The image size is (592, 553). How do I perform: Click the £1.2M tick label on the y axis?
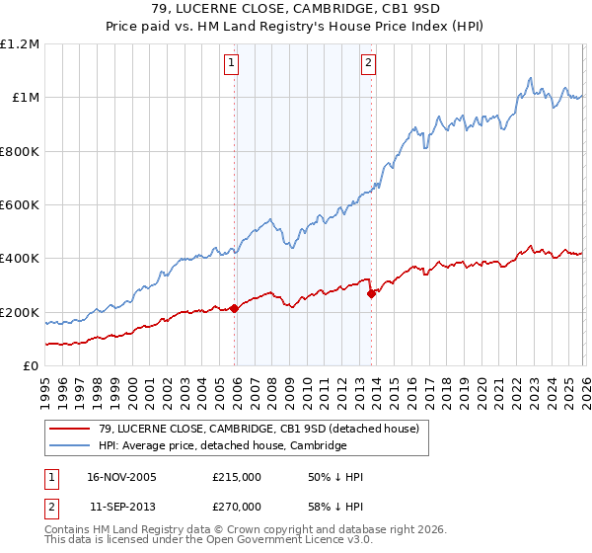20,44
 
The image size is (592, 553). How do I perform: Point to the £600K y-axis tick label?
20,205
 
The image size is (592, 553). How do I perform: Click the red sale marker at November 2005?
235,308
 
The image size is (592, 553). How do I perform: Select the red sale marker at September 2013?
371,293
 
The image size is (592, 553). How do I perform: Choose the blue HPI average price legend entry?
222,445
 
